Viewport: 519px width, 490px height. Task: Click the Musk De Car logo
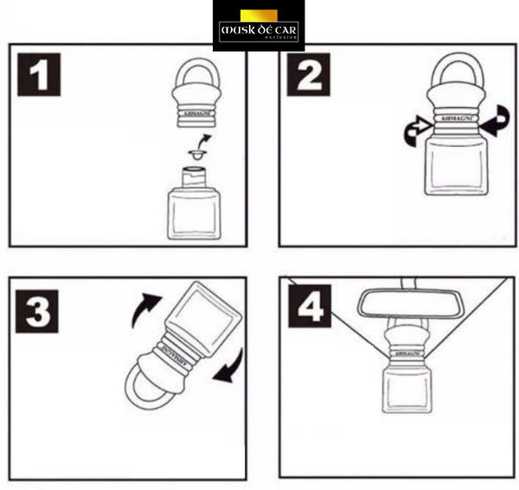pos(258,26)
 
